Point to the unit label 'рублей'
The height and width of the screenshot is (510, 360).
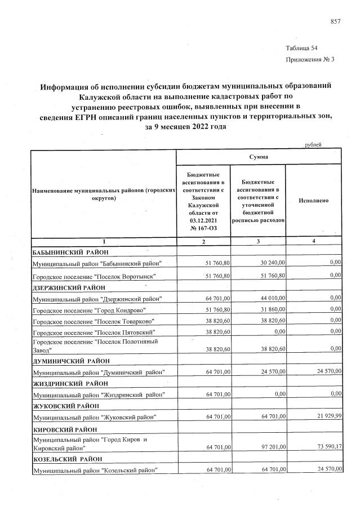pyautogui.click(x=313, y=145)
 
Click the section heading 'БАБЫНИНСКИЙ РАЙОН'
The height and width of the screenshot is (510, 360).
pyautogui.click(x=70, y=252)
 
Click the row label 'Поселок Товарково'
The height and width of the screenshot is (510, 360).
pyautogui.click(x=93, y=321)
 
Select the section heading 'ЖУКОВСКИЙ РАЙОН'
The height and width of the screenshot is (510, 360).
pyautogui.click(x=66, y=405)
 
